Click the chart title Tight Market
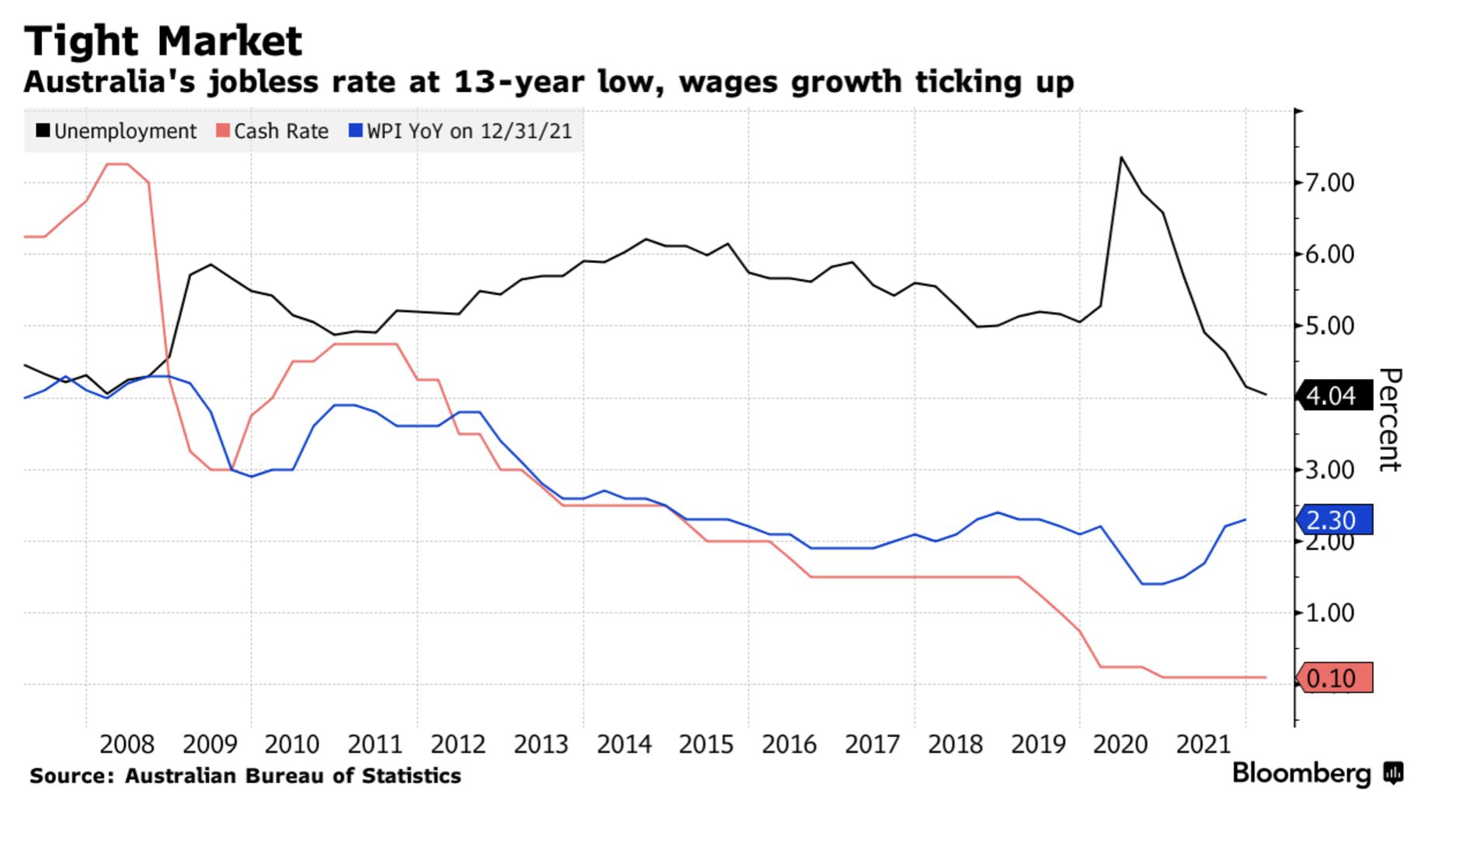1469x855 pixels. (162, 41)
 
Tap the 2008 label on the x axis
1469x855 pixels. (126, 744)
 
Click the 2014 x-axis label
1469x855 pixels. (624, 744)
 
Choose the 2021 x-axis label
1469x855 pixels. (1203, 744)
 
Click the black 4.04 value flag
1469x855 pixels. (1332, 396)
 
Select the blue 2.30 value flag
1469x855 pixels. (1332, 520)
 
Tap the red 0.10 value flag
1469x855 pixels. (1332, 678)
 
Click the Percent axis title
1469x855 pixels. (1389, 420)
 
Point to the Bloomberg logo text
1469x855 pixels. (1300, 773)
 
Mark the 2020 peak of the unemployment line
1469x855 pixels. (1121, 158)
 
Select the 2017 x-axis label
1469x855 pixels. (872, 744)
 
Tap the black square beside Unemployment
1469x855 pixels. (43, 130)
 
